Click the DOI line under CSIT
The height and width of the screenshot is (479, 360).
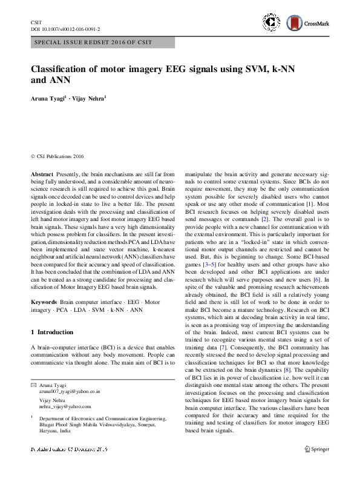click(65, 29)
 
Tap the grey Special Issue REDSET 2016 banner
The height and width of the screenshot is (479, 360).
click(102, 42)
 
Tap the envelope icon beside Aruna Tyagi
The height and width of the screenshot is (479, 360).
click(34, 385)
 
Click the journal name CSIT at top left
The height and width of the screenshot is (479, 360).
click(36, 22)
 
